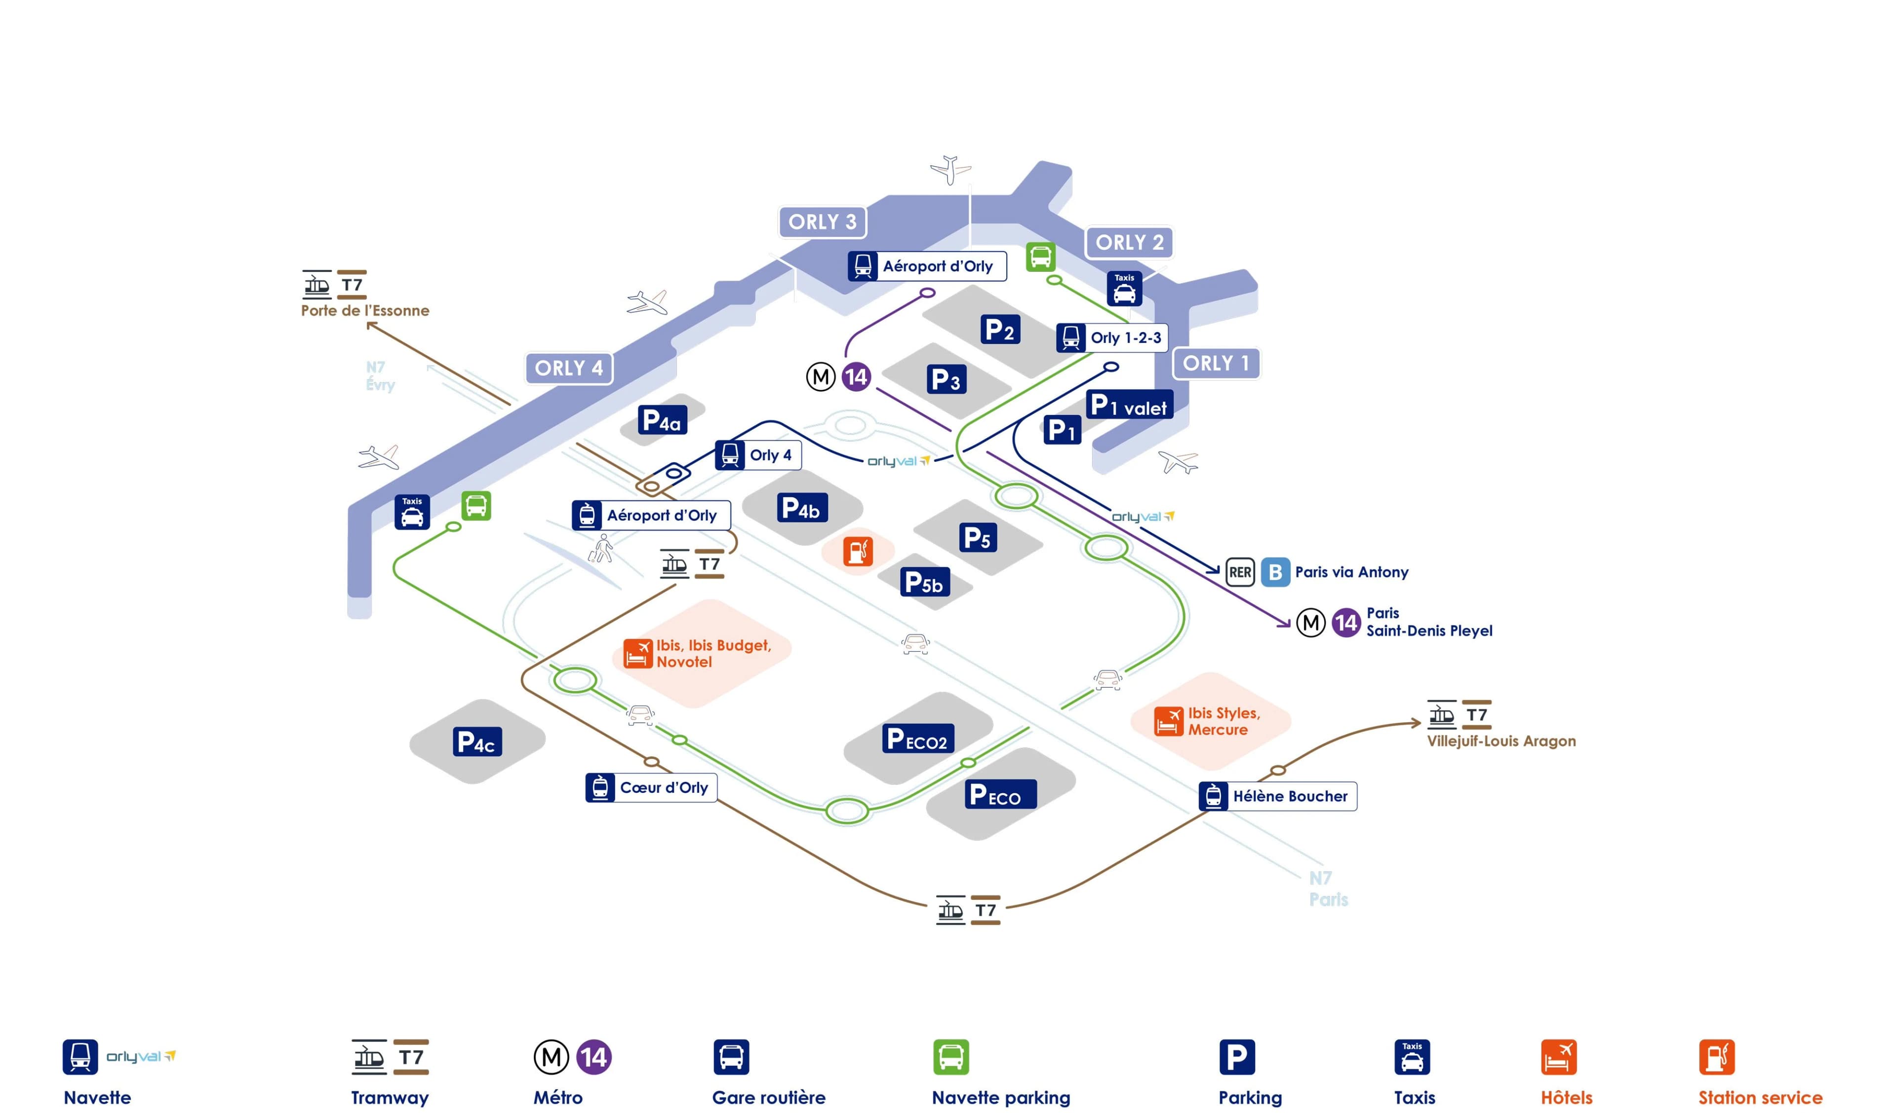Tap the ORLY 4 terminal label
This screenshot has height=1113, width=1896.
(x=569, y=369)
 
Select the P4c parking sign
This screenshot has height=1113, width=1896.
(x=476, y=742)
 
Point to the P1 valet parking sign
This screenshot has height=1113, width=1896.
(x=1129, y=406)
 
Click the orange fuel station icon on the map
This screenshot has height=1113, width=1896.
(x=858, y=551)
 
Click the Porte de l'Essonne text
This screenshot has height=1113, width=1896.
(x=365, y=311)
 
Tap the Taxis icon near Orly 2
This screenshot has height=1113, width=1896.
(x=1124, y=289)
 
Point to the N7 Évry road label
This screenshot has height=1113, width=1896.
(x=380, y=376)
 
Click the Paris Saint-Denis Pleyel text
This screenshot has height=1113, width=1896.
(x=1428, y=622)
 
